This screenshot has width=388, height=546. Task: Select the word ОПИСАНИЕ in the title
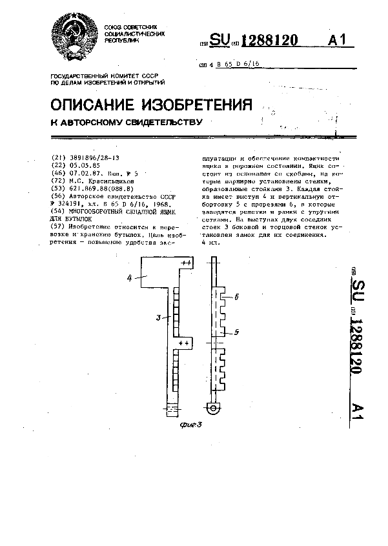tap(94, 105)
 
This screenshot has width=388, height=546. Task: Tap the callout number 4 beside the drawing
tap(129, 278)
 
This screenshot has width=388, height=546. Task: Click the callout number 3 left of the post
tap(158, 317)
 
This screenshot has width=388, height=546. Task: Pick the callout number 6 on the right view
tap(238, 298)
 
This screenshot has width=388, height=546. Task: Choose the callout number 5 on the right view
tap(238, 332)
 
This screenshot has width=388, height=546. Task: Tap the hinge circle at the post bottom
tap(212, 407)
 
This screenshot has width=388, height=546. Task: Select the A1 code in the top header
tap(338, 41)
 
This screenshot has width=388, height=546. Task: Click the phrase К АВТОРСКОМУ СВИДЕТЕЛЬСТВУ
tap(127, 121)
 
